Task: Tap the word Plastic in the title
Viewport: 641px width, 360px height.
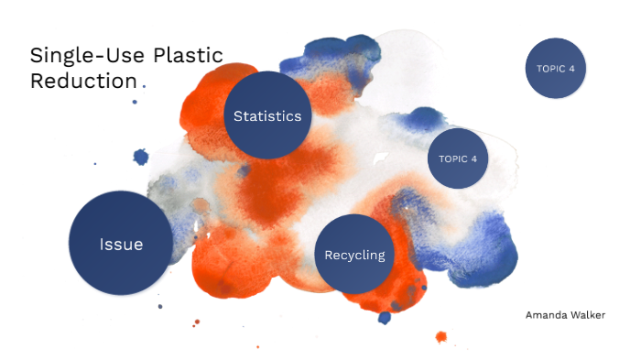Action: tap(188, 55)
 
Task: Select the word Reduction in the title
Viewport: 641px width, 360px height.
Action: tap(82, 81)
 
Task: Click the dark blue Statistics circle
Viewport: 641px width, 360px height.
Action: tap(267, 115)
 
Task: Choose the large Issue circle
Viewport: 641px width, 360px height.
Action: tap(122, 244)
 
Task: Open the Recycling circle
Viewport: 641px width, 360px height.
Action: tap(354, 255)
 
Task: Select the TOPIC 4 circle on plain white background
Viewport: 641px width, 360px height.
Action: tap(556, 67)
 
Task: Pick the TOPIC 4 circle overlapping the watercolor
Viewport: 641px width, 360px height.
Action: tap(458, 158)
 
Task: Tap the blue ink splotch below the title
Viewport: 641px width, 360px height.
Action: tap(140, 157)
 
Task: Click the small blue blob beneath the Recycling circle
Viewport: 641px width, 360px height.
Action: tap(385, 318)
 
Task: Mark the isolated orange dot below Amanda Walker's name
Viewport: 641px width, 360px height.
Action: tap(440, 337)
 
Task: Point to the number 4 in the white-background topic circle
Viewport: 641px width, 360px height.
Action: tap(571, 67)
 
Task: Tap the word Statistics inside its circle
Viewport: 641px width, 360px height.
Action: tap(267, 116)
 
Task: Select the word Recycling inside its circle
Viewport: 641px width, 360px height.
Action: tap(354, 255)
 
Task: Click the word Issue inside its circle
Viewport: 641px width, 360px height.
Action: tap(122, 245)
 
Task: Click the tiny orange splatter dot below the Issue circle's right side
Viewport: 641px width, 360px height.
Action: tap(195, 322)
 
